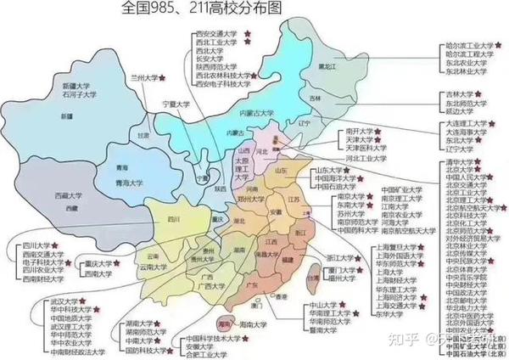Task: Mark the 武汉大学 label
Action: point(40,300)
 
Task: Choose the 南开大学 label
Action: point(359,132)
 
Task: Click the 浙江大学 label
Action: point(340,257)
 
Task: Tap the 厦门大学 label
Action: point(340,270)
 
